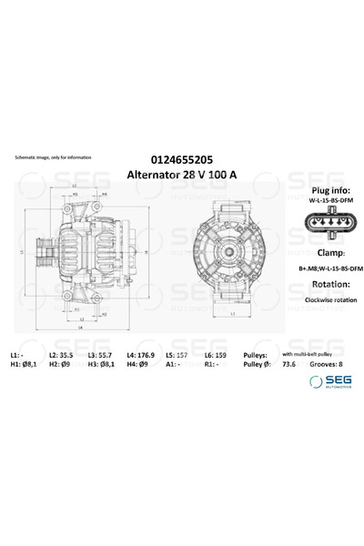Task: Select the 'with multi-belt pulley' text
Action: point(311,352)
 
